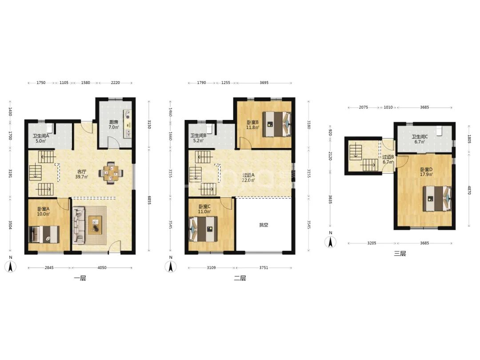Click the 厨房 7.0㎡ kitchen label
point(114,124)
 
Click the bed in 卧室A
point(44,235)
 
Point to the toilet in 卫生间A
point(50,128)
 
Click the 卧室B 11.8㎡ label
point(253,124)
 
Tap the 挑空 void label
point(264,225)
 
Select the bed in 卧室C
point(203,229)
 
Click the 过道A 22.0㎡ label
point(248,177)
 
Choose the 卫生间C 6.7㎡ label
point(420,139)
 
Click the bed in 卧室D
point(437,199)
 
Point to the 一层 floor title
point(80,278)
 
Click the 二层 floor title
point(240,278)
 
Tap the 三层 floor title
point(400,253)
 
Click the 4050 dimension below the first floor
point(102,268)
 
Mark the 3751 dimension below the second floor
point(264,268)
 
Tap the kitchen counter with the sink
point(128,124)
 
